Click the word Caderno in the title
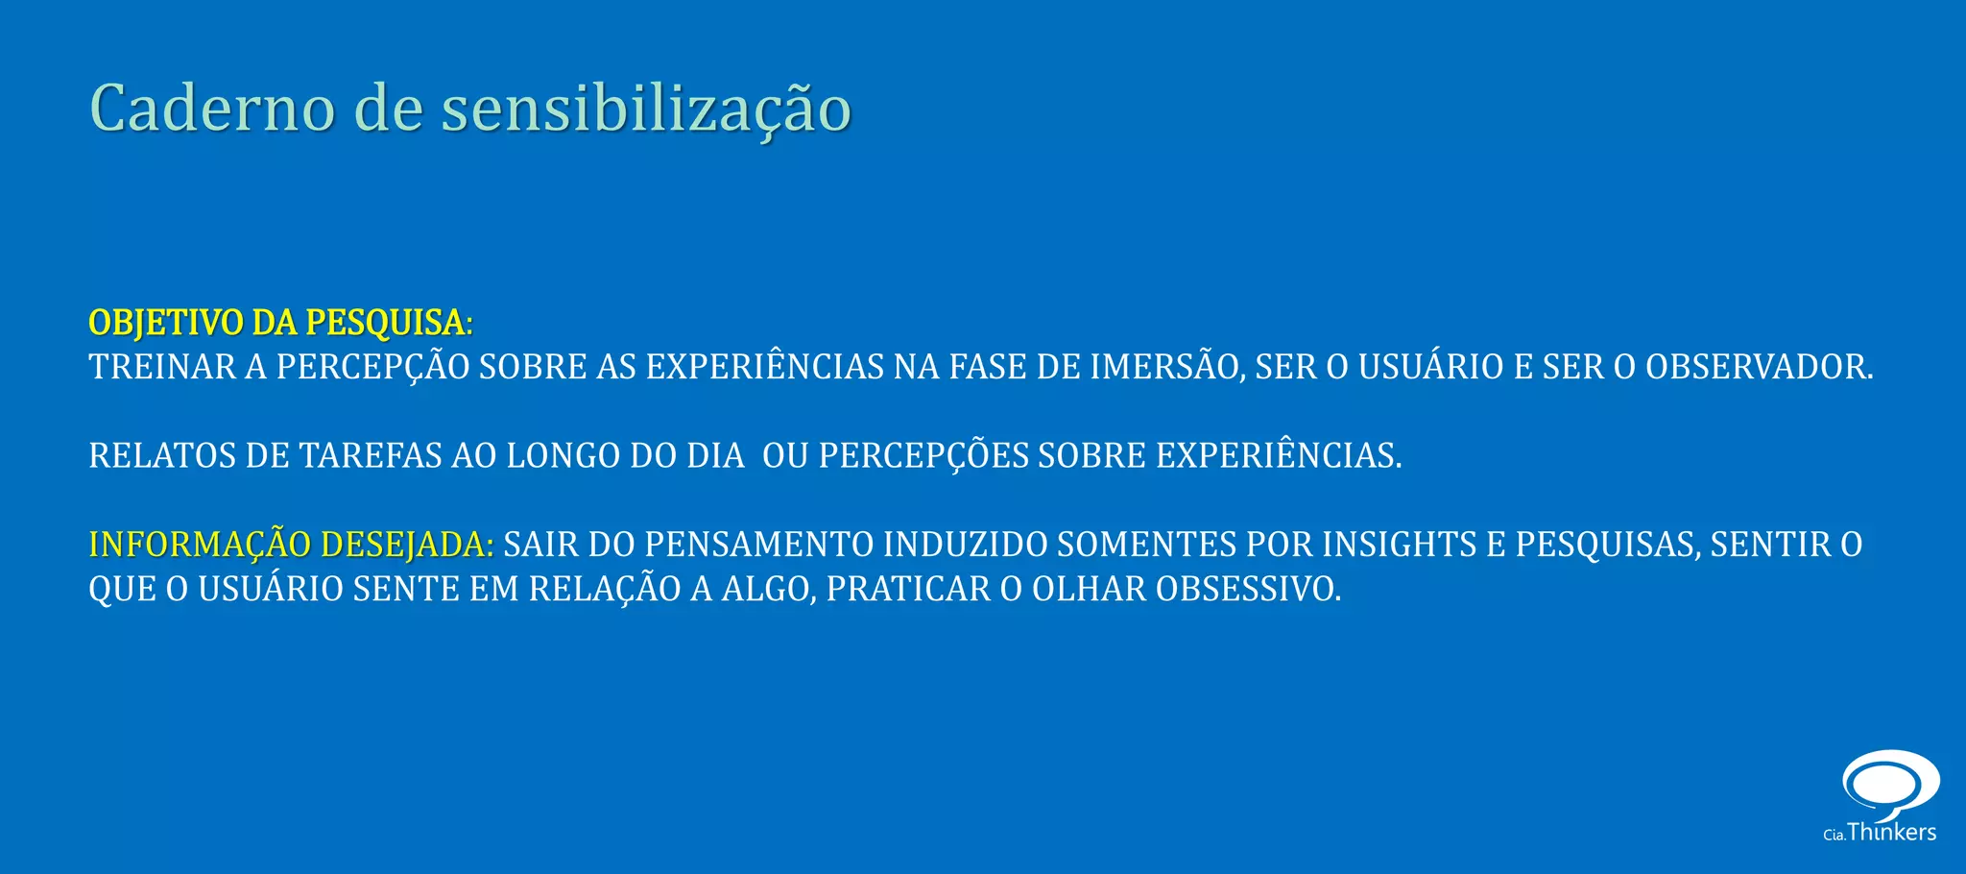(x=212, y=108)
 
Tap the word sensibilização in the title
(x=646, y=109)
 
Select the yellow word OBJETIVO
(x=166, y=323)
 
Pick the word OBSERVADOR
(x=1759, y=367)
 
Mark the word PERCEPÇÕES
(x=923, y=455)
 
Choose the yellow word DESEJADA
(x=407, y=545)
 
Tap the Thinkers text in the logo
(x=1891, y=832)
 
